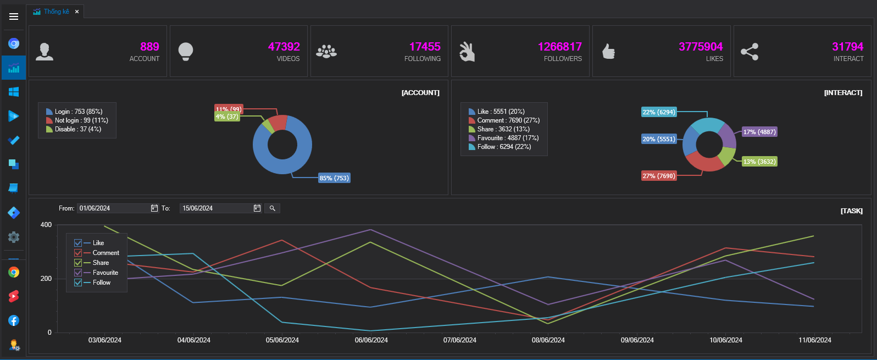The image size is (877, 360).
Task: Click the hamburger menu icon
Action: pos(14,16)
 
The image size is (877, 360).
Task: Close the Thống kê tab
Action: pos(77,12)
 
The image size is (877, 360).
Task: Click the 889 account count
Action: pos(149,47)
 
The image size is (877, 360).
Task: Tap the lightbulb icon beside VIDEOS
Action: pos(186,51)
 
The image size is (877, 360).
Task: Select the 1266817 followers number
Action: pos(559,47)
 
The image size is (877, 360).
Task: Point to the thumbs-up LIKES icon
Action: pos(608,51)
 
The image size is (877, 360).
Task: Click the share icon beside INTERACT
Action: pos(750,52)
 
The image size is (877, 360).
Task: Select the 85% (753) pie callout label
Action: pos(334,178)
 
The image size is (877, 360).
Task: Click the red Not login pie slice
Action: pos(279,122)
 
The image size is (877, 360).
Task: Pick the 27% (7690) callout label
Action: pos(659,176)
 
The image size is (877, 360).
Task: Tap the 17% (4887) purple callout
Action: pos(759,132)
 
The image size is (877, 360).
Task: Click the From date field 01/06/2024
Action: pos(113,208)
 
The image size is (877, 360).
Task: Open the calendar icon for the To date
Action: pos(257,208)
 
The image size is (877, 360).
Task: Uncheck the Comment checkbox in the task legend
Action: pos(78,253)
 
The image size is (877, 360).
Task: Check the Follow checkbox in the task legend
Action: pos(78,283)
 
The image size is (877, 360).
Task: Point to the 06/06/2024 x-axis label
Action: pos(371,340)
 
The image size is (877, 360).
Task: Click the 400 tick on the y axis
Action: pos(46,225)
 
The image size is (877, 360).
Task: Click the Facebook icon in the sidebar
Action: pos(14,320)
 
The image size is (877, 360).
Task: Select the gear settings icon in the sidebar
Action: pos(14,237)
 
